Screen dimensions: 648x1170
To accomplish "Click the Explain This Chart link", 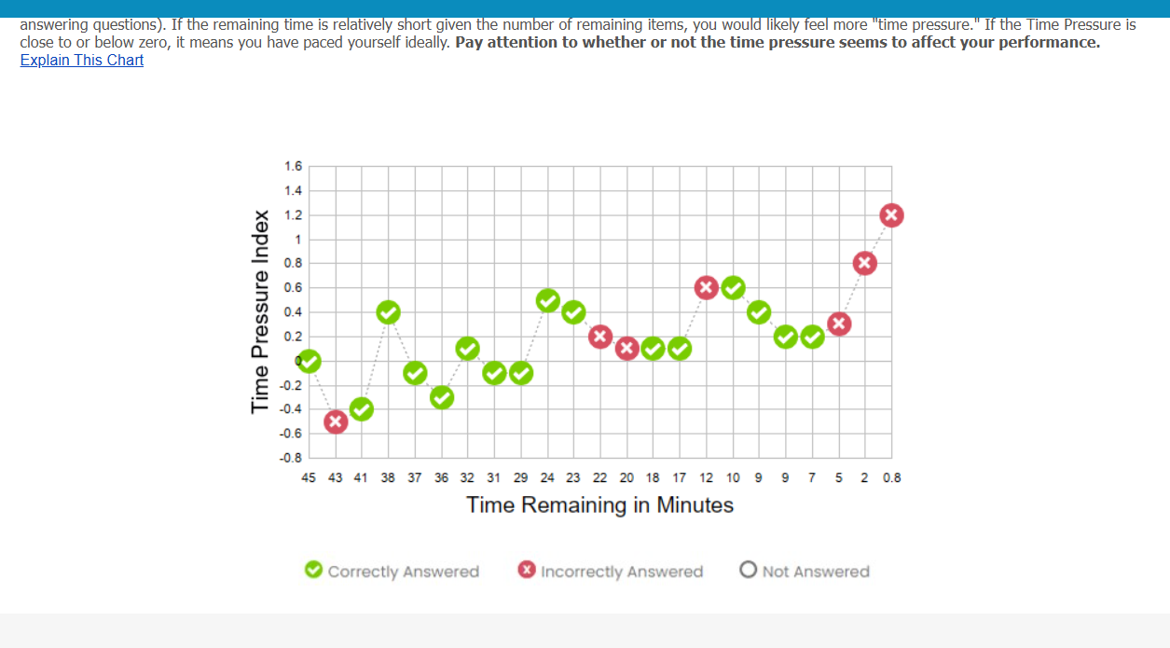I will [x=82, y=60].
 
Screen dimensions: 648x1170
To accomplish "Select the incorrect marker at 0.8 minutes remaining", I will [x=892, y=215].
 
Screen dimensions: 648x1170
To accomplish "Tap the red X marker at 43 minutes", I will [x=336, y=421].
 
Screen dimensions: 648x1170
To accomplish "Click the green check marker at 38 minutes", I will [x=389, y=312].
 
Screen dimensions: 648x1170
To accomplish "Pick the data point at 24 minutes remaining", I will [x=548, y=300].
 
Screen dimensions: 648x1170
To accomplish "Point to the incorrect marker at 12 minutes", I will [x=707, y=287].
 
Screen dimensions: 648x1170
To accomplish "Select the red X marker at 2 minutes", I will [x=865, y=263].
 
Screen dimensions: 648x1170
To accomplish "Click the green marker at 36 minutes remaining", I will [x=442, y=397].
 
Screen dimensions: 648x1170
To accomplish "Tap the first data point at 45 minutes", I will [x=310, y=361].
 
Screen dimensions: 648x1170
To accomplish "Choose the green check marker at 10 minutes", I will [x=734, y=287].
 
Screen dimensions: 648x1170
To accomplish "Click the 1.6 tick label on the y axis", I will [x=293, y=167].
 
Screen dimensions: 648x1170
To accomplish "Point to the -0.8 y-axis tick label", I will [x=292, y=458].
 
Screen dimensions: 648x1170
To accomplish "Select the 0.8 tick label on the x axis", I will [x=892, y=478].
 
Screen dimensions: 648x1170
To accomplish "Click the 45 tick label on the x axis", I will [x=309, y=478].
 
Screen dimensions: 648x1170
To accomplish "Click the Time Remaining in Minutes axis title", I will [x=599, y=505].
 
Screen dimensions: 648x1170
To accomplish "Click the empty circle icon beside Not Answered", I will [x=749, y=570].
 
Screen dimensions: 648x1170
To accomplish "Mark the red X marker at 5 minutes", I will [x=839, y=324].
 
